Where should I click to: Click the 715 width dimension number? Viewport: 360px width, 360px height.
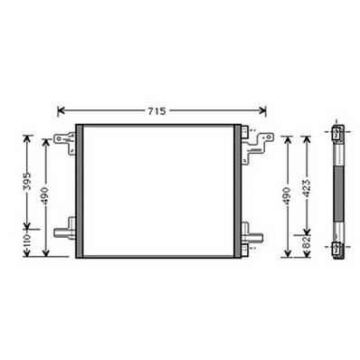(x=156, y=110)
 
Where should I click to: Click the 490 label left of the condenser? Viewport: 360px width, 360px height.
(x=46, y=195)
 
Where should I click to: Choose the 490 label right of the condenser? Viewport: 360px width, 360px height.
(x=288, y=195)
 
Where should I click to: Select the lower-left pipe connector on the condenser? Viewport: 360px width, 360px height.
(x=64, y=232)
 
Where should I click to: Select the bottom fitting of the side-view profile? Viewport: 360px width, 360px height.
(x=336, y=247)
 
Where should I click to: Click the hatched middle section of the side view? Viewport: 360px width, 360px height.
(x=336, y=190)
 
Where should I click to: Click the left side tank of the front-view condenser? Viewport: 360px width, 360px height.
(x=80, y=192)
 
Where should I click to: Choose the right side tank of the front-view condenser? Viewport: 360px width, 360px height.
(x=238, y=192)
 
